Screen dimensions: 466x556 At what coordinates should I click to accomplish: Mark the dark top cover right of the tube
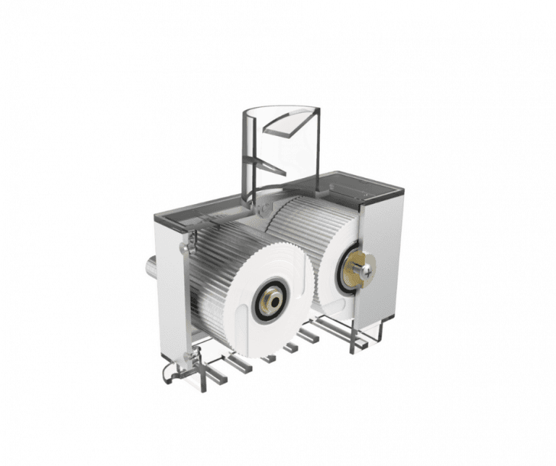coord(362,185)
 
